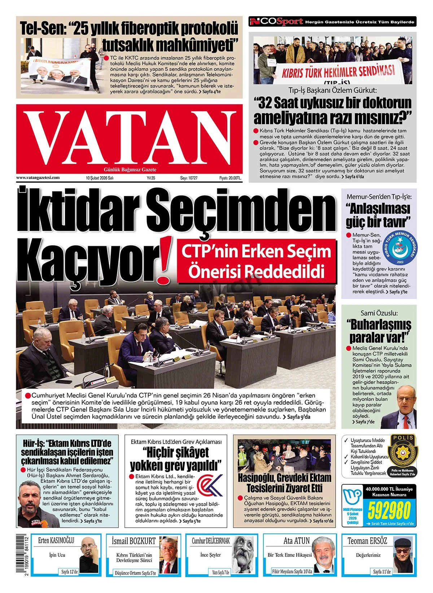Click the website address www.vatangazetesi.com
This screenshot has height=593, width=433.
point(38,178)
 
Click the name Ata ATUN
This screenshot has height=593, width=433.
point(297,541)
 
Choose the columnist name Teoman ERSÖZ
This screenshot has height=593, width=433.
point(367,541)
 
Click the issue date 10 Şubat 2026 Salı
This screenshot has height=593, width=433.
point(100,178)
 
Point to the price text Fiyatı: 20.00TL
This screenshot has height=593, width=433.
point(230,178)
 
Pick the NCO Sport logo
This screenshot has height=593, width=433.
point(276,22)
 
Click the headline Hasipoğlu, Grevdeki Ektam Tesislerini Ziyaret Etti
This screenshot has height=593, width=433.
point(284,483)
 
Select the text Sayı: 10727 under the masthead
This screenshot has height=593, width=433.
point(189,178)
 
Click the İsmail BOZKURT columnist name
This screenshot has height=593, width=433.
point(134,541)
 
